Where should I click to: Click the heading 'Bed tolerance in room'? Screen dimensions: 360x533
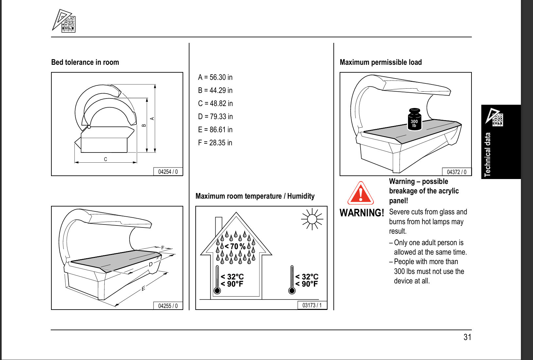coord(85,62)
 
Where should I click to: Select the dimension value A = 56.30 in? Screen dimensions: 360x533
coord(215,77)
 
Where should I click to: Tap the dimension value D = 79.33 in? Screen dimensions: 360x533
coord(215,117)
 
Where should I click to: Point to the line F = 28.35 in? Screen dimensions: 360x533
coord(215,143)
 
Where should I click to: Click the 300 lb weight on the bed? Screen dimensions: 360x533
coord(414,119)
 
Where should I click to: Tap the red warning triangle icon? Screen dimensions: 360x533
coord(361,193)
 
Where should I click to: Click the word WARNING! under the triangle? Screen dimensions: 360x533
coord(362,213)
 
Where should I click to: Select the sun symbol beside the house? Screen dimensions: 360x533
coord(312,219)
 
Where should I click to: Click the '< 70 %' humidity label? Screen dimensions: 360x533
coord(235,246)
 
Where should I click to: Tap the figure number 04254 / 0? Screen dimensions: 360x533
coord(168,172)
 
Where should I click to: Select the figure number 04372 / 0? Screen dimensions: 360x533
coord(456,172)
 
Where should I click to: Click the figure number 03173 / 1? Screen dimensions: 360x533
coord(312,305)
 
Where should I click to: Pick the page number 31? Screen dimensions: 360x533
coord(467,337)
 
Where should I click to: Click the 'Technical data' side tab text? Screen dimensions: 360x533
coord(488,154)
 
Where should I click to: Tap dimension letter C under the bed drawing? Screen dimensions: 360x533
coord(105,159)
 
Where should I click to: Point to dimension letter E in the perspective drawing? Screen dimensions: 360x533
coord(143,289)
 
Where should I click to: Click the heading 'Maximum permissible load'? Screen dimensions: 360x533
coord(381,62)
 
